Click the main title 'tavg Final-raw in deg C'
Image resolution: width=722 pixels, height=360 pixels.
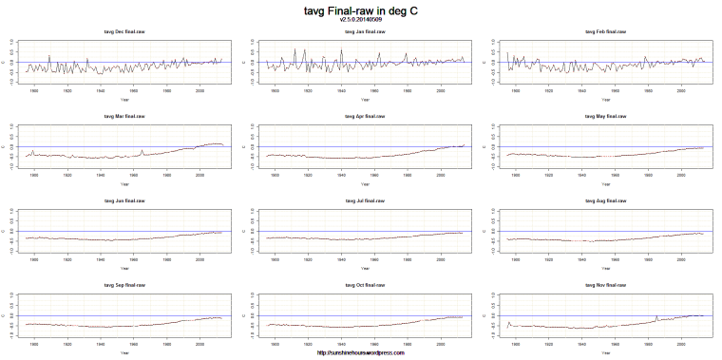361,9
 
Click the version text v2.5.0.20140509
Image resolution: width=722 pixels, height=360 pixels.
361,19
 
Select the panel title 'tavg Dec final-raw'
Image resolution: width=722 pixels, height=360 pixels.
124,32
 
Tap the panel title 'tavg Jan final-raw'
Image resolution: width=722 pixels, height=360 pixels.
365,32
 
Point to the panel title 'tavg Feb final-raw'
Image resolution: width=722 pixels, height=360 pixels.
605,32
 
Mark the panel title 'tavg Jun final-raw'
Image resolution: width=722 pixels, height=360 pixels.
124,200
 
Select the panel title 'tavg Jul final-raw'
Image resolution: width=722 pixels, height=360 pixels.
365,200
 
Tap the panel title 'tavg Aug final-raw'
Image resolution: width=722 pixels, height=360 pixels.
605,200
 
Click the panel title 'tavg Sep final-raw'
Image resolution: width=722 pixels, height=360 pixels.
124,284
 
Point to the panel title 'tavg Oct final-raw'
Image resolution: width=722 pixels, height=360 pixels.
365,284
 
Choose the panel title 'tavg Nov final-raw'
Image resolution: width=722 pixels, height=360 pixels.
605,284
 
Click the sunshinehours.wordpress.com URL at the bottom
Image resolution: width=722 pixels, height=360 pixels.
361,353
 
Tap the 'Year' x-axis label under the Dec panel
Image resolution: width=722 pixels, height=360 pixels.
124,99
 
